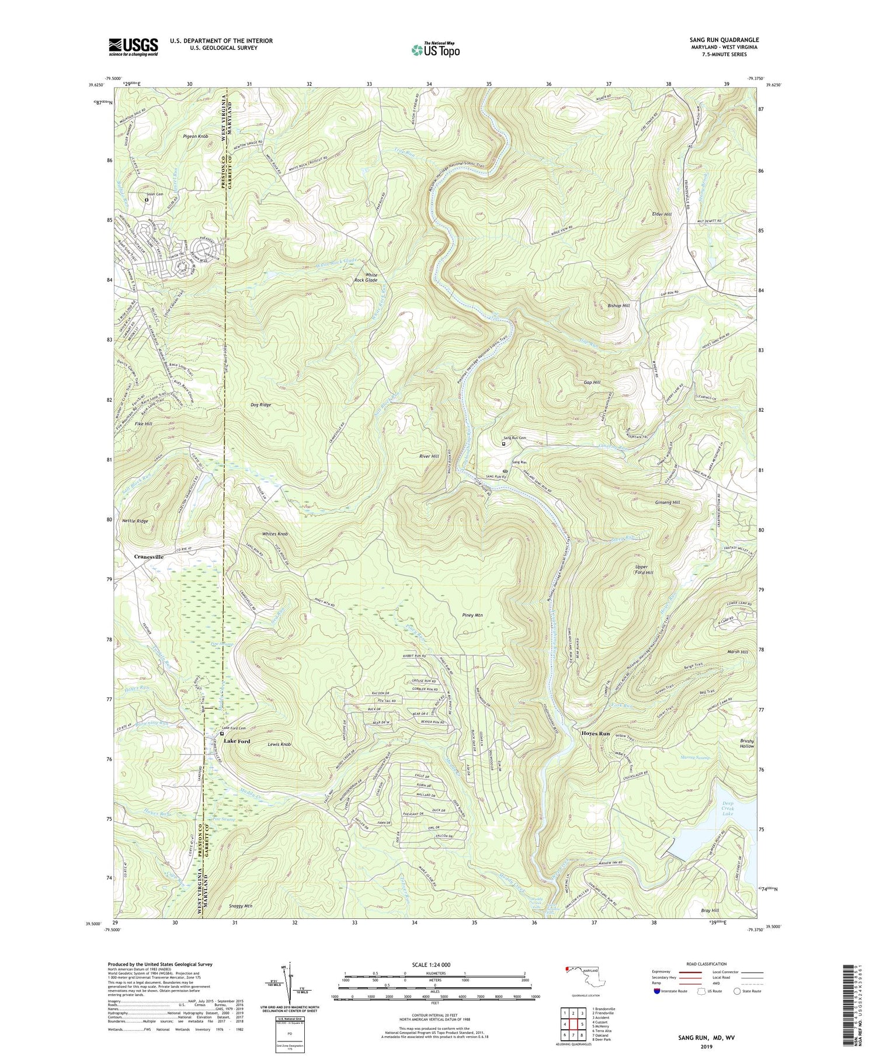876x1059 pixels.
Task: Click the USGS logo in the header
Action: point(133,47)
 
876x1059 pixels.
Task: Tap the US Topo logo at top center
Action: point(435,50)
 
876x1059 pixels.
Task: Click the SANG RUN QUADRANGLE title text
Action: point(724,40)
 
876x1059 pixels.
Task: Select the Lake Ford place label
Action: point(237,741)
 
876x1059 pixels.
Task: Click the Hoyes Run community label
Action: point(595,733)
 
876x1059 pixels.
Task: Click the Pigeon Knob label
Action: point(196,136)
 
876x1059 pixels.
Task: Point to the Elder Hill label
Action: point(662,214)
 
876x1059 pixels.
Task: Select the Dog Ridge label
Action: point(261,404)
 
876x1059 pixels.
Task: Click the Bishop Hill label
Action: point(618,305)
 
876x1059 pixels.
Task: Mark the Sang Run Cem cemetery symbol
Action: point(503,443)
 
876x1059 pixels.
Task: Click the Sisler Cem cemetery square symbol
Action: point(147,200)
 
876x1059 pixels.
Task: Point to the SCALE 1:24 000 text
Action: point(434,964)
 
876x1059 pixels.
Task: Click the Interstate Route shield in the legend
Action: point(657,991)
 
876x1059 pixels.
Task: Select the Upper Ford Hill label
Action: point(644,570)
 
